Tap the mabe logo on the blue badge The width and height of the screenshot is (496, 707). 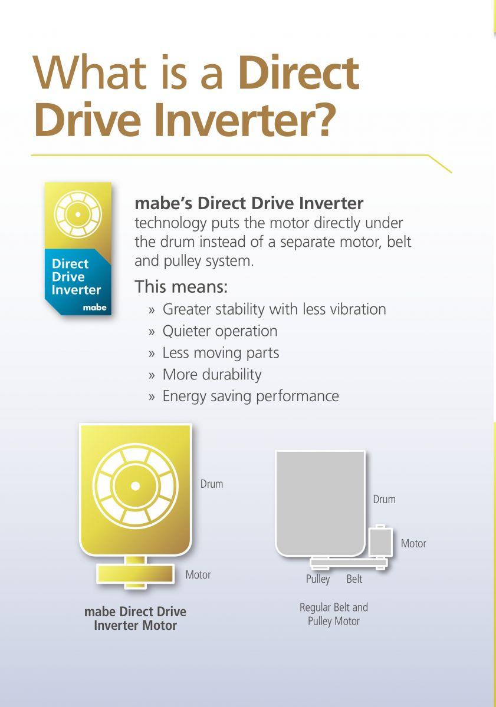point(94,307)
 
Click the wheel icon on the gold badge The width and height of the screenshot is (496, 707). point(78,214)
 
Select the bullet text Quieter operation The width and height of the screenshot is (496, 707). point(220,331)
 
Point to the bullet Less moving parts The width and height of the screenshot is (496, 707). point(221,353)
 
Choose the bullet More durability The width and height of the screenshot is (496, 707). point(212,375)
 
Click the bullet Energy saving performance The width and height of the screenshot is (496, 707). point(251,396)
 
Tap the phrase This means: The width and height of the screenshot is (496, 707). point(181,286)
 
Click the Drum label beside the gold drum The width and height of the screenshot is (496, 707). point(212,484)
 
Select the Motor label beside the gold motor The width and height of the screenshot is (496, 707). point(198,575)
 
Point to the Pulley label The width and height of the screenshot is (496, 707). point(318,579)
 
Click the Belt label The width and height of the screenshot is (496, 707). point(354,579)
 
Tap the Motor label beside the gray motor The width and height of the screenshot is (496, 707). point(413,543)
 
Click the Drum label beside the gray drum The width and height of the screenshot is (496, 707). point(384,500)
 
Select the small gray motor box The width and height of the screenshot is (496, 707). point(380,543)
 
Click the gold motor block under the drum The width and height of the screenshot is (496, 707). point(135,574)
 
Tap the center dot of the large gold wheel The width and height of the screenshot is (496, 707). point(135,486)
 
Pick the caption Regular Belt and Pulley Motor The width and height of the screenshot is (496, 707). point(334,614)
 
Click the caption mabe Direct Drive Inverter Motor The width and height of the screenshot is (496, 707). point(135,619)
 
